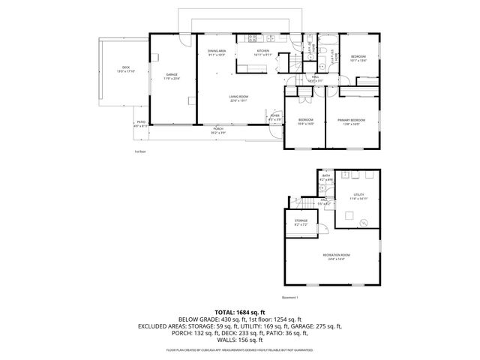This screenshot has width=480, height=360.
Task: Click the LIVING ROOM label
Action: [x=238, y=97]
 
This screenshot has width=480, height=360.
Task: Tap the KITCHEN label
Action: [x=262, y=50]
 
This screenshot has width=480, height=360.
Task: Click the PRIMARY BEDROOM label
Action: [x=351, y=120]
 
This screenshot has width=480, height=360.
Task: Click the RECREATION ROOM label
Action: [x=336, y=255]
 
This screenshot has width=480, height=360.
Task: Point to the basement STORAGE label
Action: [x=300, y=220]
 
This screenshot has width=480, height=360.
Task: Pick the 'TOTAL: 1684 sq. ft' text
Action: [x=239, y=311]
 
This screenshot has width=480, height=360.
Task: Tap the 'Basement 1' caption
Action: [x=290, y=298]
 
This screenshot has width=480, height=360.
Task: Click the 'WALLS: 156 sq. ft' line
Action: [x=239, y=340]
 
